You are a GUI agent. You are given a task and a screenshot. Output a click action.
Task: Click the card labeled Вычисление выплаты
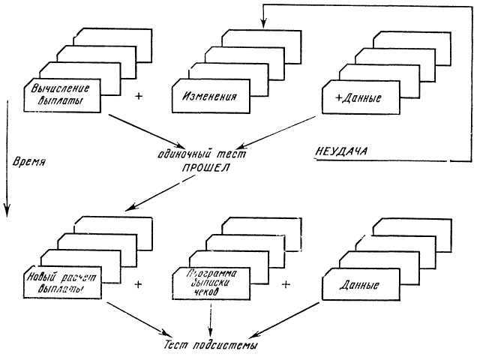click(64, 94)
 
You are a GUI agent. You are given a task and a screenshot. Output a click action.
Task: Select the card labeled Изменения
click(210, 96)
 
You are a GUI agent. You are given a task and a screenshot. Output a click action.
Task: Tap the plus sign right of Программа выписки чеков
click(286, 285)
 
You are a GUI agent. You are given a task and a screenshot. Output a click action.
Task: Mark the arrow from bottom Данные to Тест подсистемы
click(284, 318)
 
